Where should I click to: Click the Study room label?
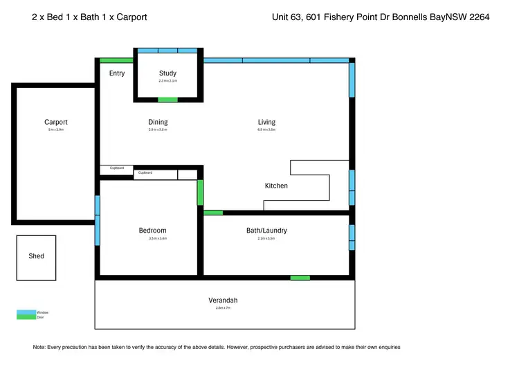tap(167, 73)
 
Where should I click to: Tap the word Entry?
tap(117, 73)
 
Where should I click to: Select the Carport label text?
tap(56, 123)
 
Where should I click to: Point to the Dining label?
tap(158, 123)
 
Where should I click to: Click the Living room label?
tap(266, 123)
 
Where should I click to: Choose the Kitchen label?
tap(276, 186)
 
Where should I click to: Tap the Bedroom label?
tap(152, 231)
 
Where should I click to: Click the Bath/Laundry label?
tap(266, 231)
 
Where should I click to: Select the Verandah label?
tap(223, 300)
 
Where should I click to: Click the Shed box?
tap(37, 257)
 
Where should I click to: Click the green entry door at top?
tap(116, 60)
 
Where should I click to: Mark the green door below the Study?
tap(167, 100)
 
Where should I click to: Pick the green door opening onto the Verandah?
tap(300, 278)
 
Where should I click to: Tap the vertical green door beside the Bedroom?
tap(201, 193)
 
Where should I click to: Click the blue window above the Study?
tap(167, 51)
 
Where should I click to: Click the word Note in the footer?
tap(39, 347)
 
